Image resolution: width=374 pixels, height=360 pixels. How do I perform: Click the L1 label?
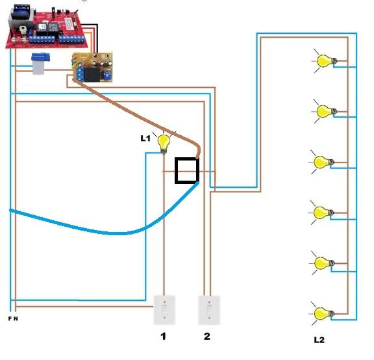(145, 138)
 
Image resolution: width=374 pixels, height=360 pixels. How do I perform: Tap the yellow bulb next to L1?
(164, 144)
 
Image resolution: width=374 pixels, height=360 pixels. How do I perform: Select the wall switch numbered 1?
(164, 310)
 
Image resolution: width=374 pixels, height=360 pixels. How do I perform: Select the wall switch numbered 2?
(209, 310)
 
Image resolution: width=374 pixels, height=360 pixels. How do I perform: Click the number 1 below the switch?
(163, 337)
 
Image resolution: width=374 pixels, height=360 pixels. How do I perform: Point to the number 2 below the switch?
(206, 336)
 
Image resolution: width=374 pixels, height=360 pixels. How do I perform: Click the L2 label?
(319, 340)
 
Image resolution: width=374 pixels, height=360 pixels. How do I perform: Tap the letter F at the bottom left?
(10, 318)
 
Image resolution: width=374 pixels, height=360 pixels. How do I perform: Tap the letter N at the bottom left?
(16, 318)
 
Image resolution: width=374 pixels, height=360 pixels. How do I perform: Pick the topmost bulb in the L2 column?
(325, 61)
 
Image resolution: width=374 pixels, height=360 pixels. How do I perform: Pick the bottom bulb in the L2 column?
(322, 314)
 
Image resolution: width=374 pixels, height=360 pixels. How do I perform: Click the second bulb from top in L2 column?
(325, 111)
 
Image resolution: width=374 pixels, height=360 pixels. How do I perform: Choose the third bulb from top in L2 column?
(321, 162)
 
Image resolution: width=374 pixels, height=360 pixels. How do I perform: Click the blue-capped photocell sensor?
(40, 64)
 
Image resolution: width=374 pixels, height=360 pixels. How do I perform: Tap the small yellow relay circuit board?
(92, 68)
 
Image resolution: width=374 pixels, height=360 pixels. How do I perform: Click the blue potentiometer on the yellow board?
(106, 75)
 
